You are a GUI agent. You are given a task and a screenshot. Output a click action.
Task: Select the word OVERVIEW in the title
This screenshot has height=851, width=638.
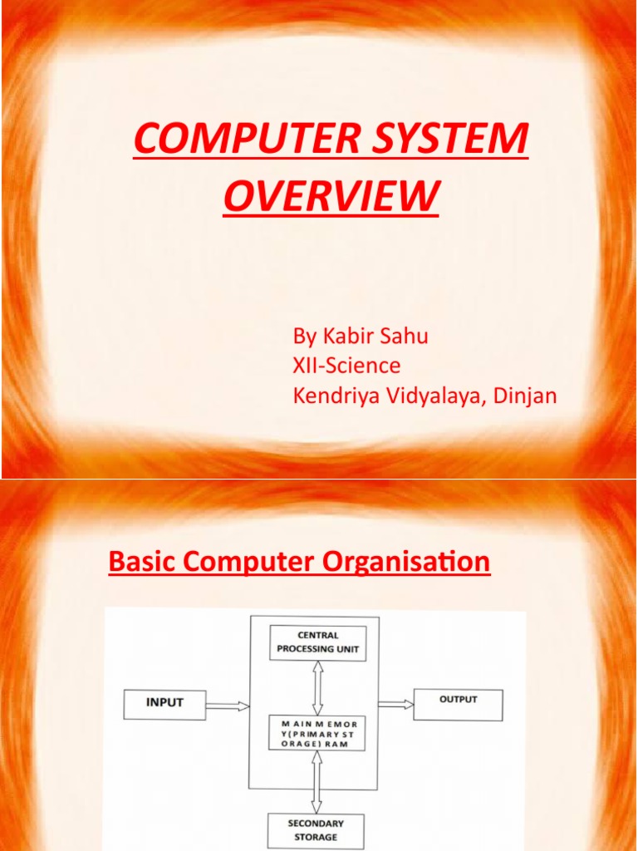[x=331, y=197]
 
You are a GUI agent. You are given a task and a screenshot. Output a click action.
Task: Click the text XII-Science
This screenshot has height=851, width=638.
[x=346, y=366]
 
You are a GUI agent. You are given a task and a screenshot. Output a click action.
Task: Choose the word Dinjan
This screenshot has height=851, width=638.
[x=524, y=396]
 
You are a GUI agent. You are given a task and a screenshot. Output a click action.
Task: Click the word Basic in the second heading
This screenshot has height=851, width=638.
[x=135, y=563]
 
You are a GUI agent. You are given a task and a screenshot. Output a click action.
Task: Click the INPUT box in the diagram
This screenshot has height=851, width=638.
[x=164, y=703]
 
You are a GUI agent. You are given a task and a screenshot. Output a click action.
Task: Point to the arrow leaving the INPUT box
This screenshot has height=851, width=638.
[x=228, y=706]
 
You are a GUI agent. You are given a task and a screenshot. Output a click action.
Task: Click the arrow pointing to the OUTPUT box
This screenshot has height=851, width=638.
[x=396, y=703]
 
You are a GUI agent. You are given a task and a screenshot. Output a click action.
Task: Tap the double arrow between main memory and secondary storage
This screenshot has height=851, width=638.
[x=317, y=784]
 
